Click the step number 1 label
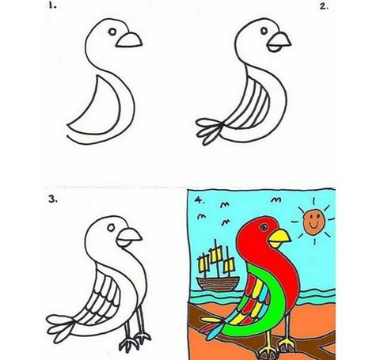coord(52,6)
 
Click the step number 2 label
coord(324,6)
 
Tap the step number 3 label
coord(53,199)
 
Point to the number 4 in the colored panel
coord(199,200)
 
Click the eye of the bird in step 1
coord(112,32)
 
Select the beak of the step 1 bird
coord(129,40)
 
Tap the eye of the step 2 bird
coord(264,31)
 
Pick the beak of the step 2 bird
coord(279,42)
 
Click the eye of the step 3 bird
coord(111,227)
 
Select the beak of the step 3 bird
coord(129,237)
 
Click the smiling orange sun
coord(313,221)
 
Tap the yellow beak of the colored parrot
coord(279,238)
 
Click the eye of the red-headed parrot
coord(264,227)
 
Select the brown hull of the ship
coord(218,284)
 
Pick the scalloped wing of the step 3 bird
coord(101,299)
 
